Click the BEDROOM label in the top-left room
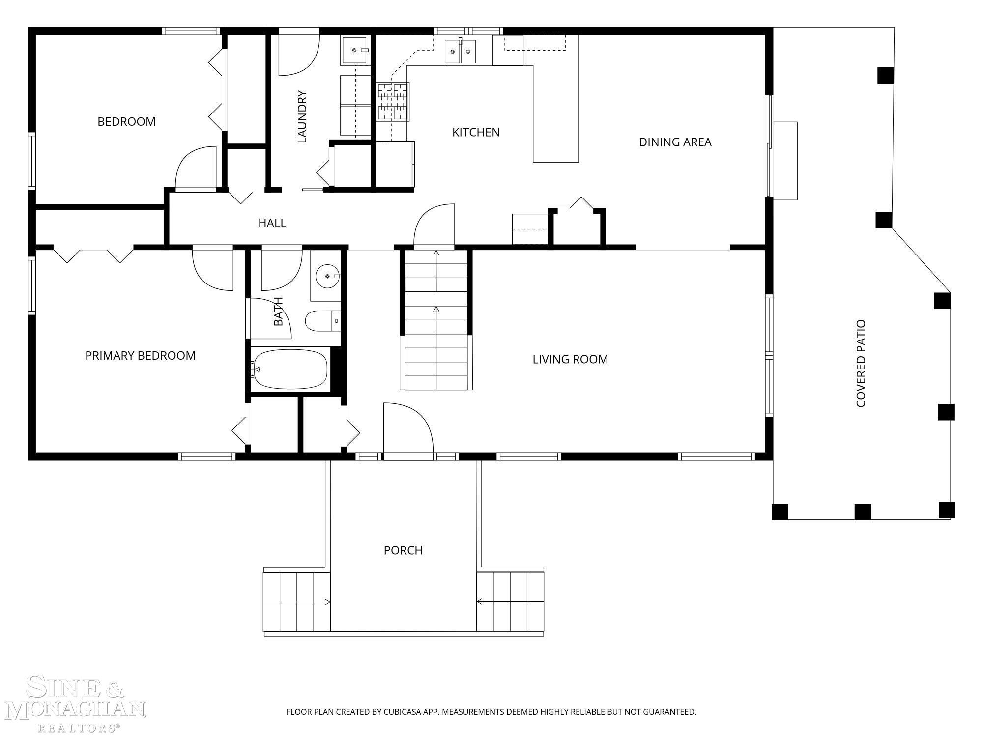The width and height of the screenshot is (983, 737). pos(126,121)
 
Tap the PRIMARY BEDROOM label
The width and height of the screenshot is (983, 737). pos(140,355)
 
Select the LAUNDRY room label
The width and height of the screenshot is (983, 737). pos(302,116)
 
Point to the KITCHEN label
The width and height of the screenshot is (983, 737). pos(476,132)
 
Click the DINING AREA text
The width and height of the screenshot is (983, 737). pos(675,142)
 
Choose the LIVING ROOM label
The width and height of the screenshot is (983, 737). pos(570,359)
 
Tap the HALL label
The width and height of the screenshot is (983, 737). pos(272,223)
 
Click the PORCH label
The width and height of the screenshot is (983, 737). pos(403,550)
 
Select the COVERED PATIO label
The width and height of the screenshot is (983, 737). pos(861,364)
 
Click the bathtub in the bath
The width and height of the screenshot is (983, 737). pos(290,369)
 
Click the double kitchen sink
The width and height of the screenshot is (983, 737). pos(461,51)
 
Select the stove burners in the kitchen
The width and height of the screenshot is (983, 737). pos(393,102)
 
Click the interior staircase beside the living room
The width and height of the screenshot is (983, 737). pos(436,320)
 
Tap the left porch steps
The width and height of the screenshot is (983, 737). pos(297,602)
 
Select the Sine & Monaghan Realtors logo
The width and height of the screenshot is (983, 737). pos(75,703)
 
